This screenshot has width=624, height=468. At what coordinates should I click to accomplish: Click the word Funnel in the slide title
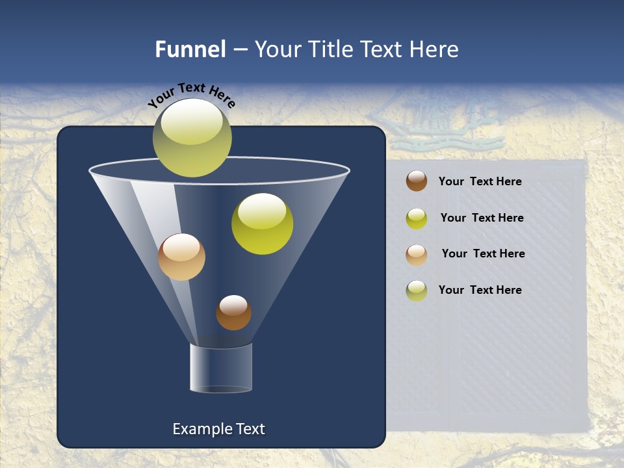[x=190, y=49]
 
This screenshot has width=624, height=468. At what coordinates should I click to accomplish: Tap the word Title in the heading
[x=330, y=49]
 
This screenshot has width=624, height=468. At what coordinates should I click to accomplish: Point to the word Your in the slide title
[x=278, y=49]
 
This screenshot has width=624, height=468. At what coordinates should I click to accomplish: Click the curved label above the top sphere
[x=191, y=95]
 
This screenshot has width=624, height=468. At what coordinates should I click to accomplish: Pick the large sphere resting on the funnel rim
[x=192, y=138]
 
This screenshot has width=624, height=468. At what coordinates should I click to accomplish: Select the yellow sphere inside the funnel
[x=262, y=224]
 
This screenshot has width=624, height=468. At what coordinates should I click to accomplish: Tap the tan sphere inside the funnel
[x=181, y=257]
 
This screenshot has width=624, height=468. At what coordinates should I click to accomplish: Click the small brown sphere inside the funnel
[x=233, y=313]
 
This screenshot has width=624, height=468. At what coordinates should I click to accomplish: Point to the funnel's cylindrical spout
[x=221, y=368]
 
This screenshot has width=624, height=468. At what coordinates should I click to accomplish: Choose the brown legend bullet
[x=417, y=181]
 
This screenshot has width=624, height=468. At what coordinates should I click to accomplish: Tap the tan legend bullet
[x=417, y=254]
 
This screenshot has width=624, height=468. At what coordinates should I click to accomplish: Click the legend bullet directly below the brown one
[x=417, y=218]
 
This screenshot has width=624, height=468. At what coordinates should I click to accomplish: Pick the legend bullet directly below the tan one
[x=417, y=291]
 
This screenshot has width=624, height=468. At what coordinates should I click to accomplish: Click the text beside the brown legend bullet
[x=480, y=181]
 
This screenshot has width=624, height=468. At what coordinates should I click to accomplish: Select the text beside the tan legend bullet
[x=483, y=253]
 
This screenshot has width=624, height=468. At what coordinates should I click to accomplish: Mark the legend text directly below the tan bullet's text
[x=480, y=290]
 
